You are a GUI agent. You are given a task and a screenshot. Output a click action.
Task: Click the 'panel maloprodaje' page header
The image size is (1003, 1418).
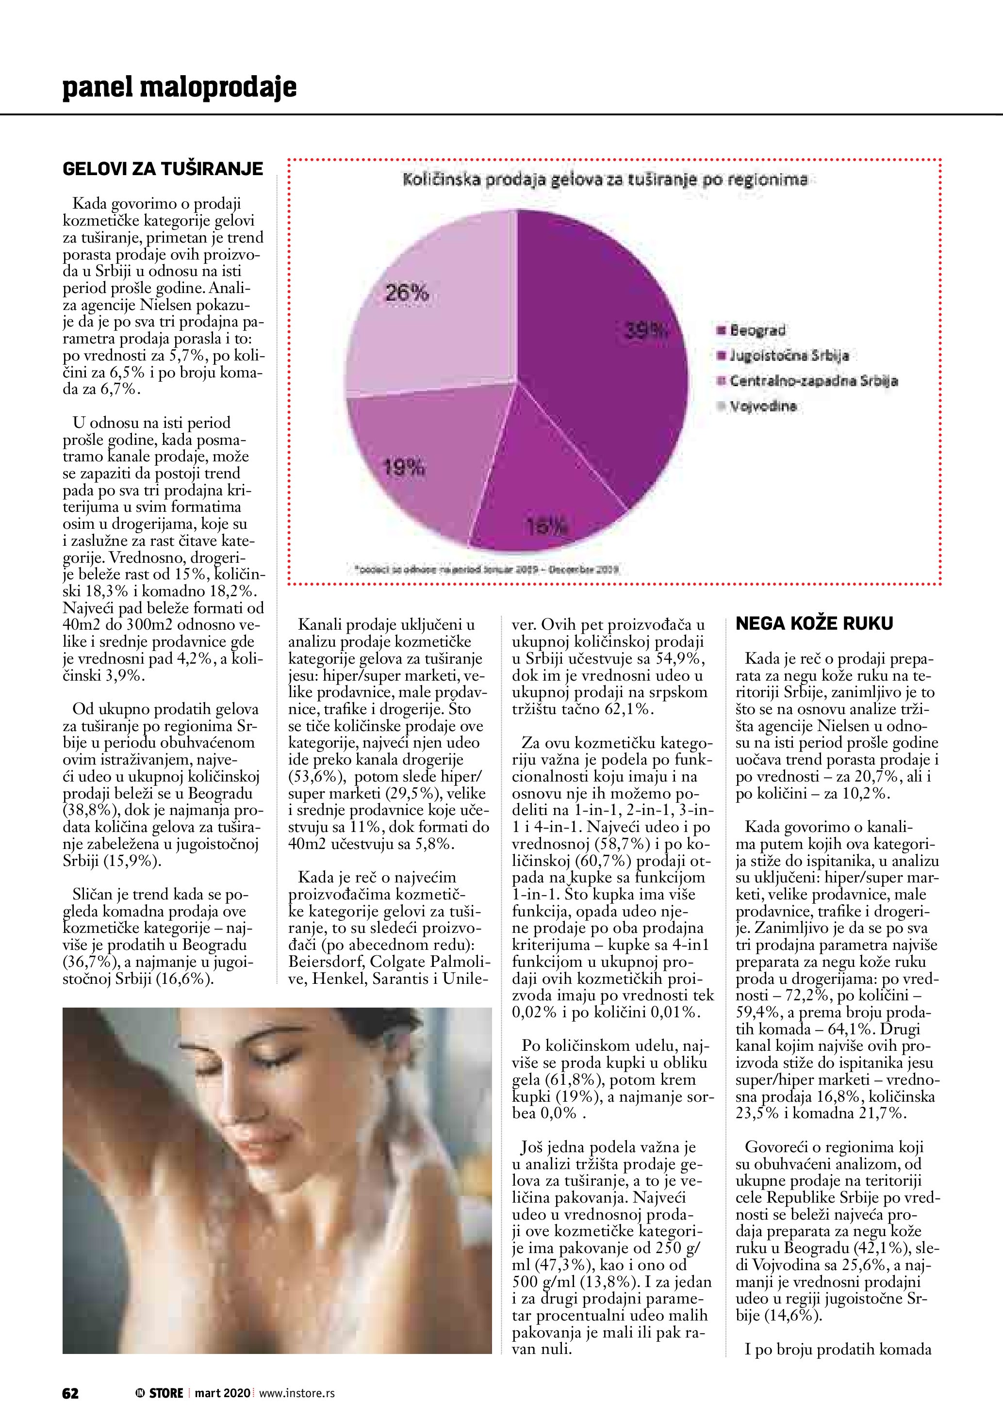(180, 87)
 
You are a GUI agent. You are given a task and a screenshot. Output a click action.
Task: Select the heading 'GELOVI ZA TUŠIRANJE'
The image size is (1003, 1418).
(163, 169)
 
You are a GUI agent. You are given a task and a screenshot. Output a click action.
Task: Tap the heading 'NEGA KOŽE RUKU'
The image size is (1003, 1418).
(815, 624)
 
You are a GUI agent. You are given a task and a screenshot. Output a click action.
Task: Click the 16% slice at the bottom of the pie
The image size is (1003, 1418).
(543, 519)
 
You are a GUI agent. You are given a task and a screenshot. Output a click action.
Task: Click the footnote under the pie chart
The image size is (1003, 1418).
(487, 570)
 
